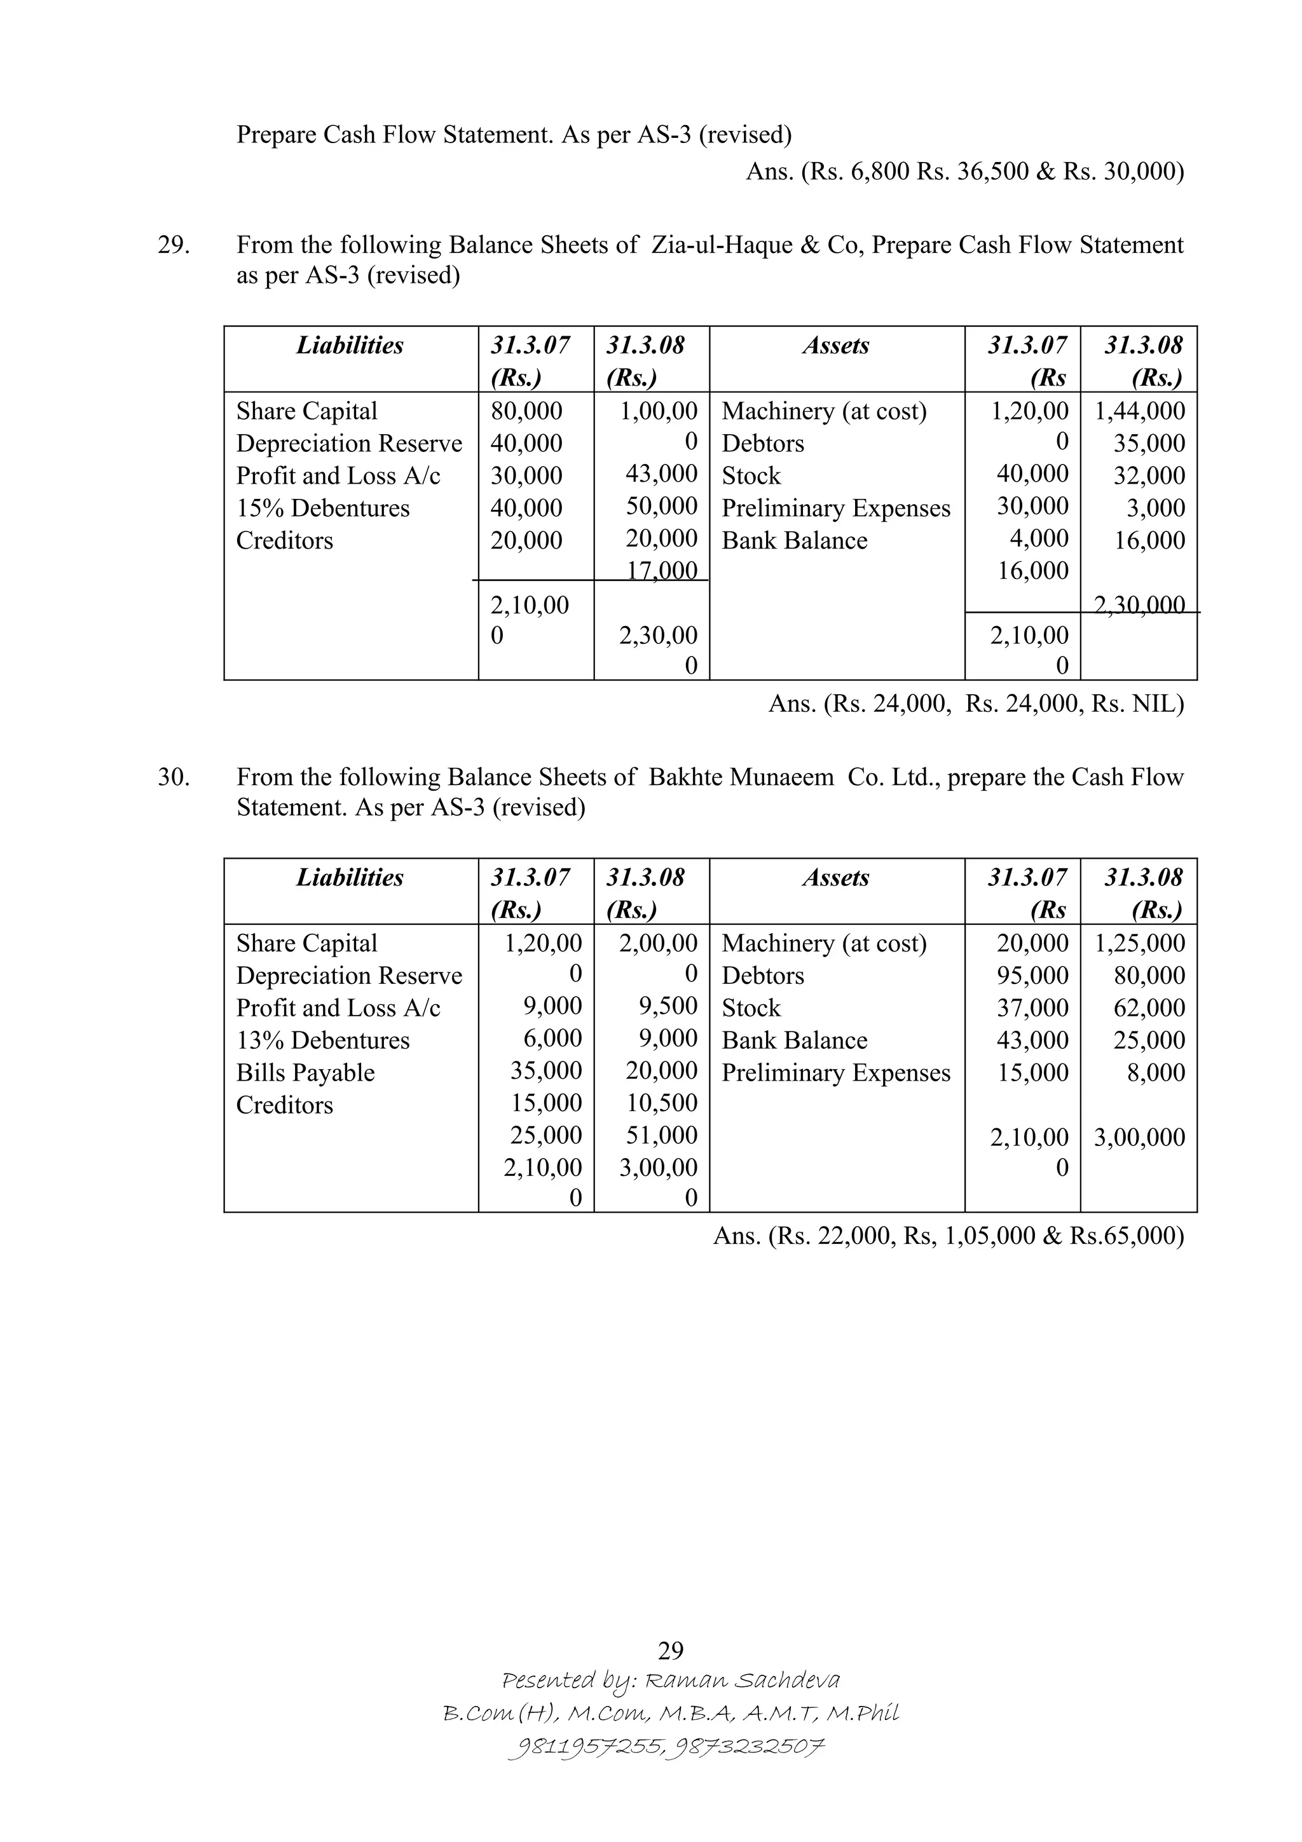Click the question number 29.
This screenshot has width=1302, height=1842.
tap(174, 245)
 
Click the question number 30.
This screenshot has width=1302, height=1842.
tap(174, 777)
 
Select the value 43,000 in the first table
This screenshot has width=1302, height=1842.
tap(661, 474)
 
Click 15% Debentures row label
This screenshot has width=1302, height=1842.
tap(322, 508)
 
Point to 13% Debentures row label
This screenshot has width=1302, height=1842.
tap(322, 1040)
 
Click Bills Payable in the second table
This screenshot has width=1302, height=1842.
tap(305, 1073)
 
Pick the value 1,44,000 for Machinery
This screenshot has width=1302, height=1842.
tap(1139, 411)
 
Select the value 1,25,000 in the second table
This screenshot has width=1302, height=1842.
tap(1139, 943)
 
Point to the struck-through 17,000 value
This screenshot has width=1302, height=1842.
tap(661, 570)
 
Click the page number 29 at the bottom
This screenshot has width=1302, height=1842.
tap(670, 1650)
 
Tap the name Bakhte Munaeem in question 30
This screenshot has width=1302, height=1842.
tap(741, 777)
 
